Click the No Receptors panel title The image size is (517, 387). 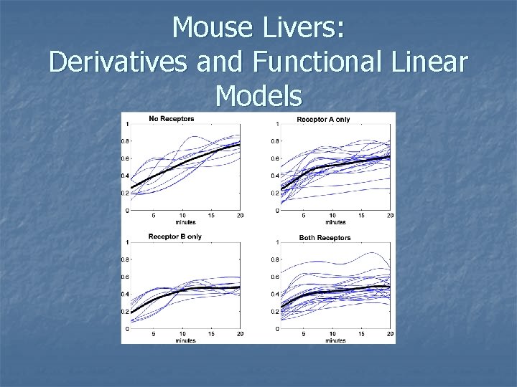[x=170, y=118]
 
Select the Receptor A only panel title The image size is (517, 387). [x=323, y=119]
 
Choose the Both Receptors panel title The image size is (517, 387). [x=324, y=237]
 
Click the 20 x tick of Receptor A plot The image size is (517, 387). [x=390, y=216]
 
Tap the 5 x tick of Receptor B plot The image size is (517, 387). [x=153, y=334]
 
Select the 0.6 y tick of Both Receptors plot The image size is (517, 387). [x=274, y=277]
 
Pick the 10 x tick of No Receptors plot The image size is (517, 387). [x=182, y=216]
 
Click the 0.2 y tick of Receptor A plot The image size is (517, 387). [x=274, y=193]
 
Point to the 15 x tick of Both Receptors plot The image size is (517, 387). [x=362, y=334]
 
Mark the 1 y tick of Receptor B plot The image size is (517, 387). [x=127, y=242]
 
